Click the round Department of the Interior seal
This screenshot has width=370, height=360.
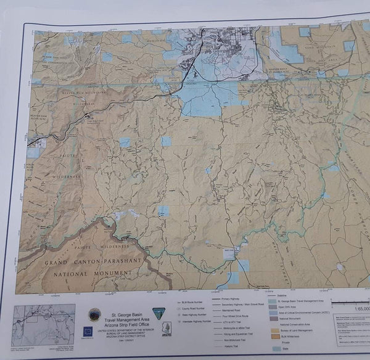point(94,314)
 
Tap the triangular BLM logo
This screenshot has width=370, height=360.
point(159,314)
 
